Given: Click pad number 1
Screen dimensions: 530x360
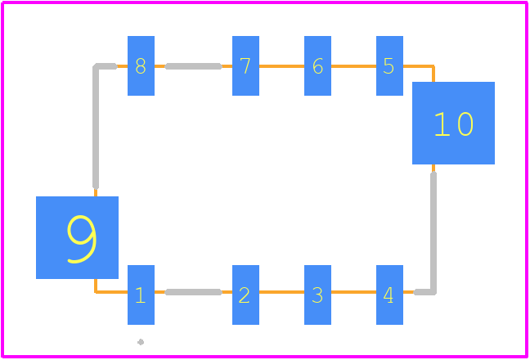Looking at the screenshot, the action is coord(141,295).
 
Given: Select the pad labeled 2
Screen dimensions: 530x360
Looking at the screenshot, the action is coord(245,295).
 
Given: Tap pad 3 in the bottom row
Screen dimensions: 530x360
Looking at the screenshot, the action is coord(317,295).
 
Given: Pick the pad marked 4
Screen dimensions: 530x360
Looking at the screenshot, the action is coord(389,295).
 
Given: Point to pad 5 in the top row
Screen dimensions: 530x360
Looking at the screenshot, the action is coord(389,66).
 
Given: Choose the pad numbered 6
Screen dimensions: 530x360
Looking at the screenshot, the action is coord(317,66).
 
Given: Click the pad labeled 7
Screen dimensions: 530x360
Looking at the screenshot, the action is coord(245,66).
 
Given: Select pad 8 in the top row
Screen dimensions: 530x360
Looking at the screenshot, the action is coord(141,66).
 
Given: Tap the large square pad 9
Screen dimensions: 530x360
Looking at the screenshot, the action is coord(78,237).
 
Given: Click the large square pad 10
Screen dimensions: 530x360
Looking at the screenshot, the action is coord(454,123).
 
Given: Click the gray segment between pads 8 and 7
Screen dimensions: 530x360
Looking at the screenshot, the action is coord(193,66).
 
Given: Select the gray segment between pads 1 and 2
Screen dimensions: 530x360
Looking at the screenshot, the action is coord(193,292).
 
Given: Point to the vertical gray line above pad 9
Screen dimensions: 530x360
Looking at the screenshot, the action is coord(96,126).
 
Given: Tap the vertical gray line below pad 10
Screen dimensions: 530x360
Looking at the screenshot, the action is coord(433,232).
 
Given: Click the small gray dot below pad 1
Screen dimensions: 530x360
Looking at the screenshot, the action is coord(141,342).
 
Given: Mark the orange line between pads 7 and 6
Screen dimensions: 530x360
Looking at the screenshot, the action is coord(281,66).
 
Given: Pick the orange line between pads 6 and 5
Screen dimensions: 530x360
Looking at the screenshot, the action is coord(353,66).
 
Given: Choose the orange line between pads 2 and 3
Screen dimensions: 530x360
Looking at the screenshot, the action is coord(281,292).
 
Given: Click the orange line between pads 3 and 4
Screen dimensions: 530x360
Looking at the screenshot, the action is coord(353,292).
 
